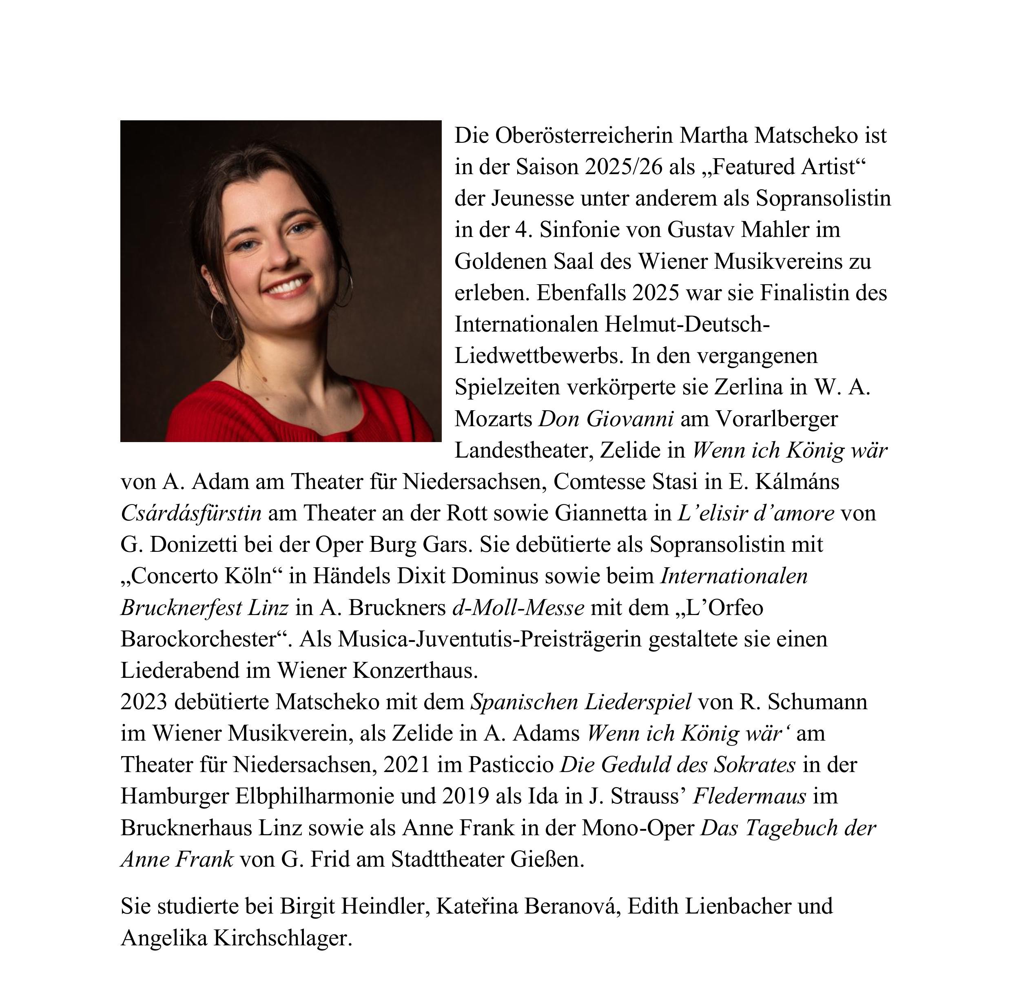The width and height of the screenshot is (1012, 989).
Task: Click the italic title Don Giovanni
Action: (606, 419)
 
